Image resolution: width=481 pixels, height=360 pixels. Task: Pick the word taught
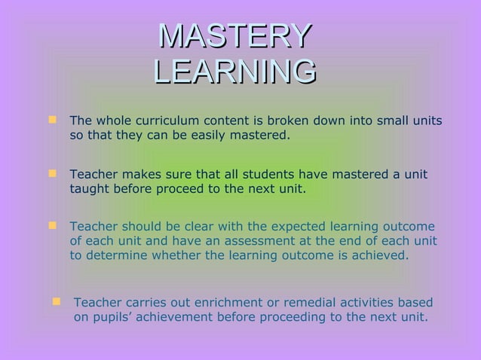point(90,189)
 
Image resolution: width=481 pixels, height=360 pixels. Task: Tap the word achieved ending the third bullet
point(381,255)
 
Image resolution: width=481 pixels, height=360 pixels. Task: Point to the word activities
point(363,303)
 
